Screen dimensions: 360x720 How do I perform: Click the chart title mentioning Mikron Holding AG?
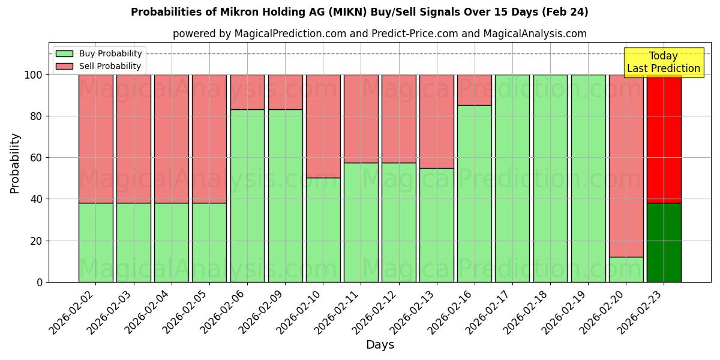point(359,12)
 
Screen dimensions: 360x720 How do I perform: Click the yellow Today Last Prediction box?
point(663,62)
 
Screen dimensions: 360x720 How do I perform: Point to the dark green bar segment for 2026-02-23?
point(664,242)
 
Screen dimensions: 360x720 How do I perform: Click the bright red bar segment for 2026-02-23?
point(664,139)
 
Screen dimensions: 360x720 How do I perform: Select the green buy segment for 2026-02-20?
point(626,269)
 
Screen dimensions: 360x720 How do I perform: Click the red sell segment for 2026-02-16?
point(474,90)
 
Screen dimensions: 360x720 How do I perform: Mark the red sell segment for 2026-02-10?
point(323,126)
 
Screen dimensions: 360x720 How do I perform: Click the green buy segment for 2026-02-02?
point(95,242)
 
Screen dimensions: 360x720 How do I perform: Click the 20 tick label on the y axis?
point(37,241)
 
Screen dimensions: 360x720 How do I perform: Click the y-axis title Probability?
point(15,163)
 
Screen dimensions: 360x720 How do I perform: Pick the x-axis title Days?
point(380,345)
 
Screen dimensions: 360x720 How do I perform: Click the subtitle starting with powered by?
point(380,34)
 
